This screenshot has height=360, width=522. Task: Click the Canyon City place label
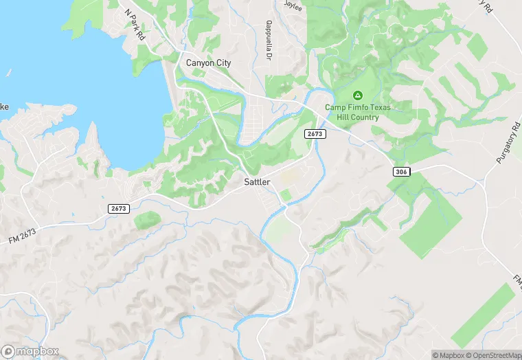point(209,63)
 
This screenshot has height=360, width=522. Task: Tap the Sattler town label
point(258,182)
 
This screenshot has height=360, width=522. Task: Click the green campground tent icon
point(356,95)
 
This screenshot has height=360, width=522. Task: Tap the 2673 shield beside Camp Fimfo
point(315,134)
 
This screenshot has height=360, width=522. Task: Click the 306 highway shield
point(402,170)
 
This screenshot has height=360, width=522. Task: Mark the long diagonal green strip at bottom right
point(484,316)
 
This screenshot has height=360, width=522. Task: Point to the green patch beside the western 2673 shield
point(147,221)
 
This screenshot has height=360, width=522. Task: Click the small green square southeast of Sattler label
point(285,196)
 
